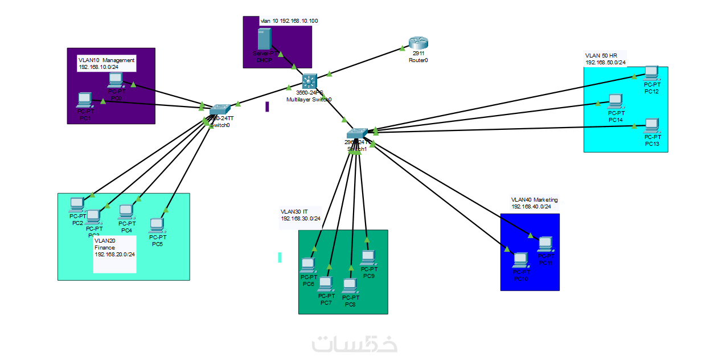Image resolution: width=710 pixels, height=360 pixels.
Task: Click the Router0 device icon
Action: tap(417, 43)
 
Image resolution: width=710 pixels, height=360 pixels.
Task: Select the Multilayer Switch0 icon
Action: tap(309, 81)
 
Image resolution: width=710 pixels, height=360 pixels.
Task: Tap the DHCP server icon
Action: tap(264, 39)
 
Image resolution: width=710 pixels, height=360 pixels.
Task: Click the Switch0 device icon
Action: tap(220, 109)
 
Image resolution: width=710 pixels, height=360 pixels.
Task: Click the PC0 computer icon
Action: tap(116, 79)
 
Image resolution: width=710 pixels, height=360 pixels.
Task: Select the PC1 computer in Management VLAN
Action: tap(85, 100)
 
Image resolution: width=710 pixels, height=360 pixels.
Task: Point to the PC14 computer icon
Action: tap(615, 101)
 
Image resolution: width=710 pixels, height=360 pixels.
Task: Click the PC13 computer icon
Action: tap(651, 125)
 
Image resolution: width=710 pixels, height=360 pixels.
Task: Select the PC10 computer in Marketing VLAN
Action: tap(520, 260)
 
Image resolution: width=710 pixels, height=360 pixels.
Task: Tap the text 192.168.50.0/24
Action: tap(605, 62)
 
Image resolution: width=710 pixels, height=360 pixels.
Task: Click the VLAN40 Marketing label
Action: tap(534, 200)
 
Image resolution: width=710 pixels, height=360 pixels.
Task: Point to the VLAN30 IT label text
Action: tap(294, 211)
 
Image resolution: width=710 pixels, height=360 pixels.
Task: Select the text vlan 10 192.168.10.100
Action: tap(289, 21)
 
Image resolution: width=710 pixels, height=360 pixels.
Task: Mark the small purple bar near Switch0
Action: tap(267, 107)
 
